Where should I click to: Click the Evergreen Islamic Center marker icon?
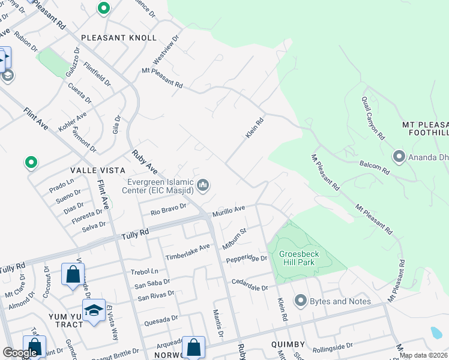(x=203, y=186)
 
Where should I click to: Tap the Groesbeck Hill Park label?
(x=299, y=258)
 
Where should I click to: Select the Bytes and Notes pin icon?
(x=301, y=300)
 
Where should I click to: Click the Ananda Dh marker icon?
(x=399, y=157)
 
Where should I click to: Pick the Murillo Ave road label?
(x=229, y=211)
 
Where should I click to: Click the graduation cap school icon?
(x=94, y=310)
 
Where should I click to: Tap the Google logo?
(x=20, y=353)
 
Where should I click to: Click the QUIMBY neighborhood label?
(x=288, y=345)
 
